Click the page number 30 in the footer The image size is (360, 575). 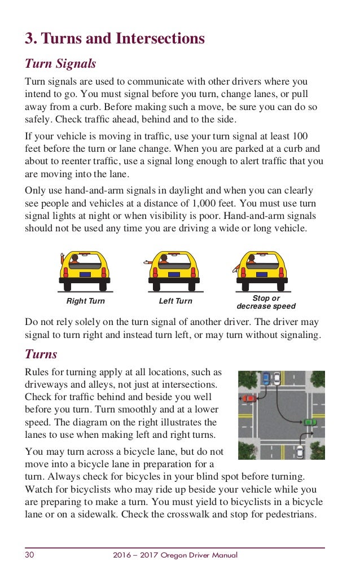pos(29,555)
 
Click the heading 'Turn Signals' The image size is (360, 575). pos(60,64)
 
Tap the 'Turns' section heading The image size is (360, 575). pos(41,354)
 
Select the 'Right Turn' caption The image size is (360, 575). pos(86,301)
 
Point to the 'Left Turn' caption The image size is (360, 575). pos(175,301)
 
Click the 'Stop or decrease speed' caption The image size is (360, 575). pos(266,302)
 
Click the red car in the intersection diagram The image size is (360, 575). pos(249,398)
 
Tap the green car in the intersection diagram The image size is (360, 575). pos(309,422)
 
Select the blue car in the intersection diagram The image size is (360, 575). pos(266,378)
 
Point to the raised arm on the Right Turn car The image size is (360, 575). pos(62,259)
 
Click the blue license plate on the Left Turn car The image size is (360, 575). pos(173,274)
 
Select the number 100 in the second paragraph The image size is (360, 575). pos(301,137)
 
